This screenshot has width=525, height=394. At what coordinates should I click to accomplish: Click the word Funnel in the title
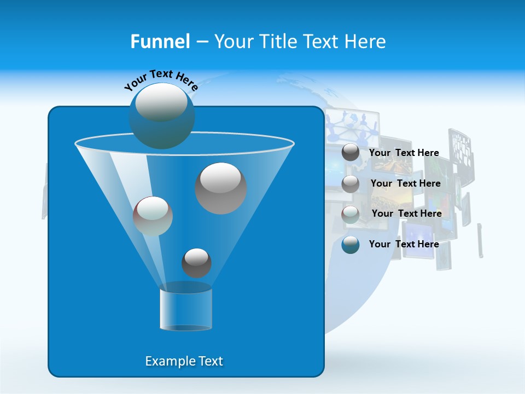click(160, 42)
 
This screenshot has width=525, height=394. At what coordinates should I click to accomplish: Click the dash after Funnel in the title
click(201, 42)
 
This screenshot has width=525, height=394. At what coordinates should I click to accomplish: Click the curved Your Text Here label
click(161, 80)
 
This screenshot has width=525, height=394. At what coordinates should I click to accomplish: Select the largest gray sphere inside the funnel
click(221, 188)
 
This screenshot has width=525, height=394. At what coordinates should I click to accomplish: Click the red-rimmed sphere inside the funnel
click(153, 216)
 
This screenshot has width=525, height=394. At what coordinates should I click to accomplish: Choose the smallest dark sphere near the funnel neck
click(196, 263)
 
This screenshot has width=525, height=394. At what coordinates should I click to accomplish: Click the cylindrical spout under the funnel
click(186, 309)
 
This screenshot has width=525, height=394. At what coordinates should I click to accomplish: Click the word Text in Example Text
click(210, 361)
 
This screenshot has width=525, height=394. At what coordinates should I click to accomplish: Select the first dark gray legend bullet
click(351, 153)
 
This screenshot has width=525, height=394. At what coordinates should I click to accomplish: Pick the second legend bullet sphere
click(351, 183)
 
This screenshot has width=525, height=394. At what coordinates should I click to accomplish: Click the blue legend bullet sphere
click(351, 245)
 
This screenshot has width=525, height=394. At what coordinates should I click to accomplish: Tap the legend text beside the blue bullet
click(404, 244)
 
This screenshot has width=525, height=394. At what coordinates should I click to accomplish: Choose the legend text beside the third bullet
click(406, 213)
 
